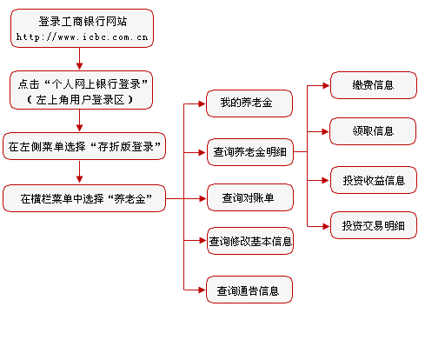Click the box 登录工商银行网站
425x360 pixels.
(82, 28)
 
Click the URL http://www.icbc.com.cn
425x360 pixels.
(82, 37)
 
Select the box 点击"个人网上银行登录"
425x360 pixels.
(81, 90)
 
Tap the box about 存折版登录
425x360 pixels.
(84, 146)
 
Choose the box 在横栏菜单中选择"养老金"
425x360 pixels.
(84, 198)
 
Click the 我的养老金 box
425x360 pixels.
(249, 103)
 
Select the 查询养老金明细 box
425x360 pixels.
(250, 152)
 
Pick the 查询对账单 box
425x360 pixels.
(250, 197)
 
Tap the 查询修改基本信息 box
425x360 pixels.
(250, 241)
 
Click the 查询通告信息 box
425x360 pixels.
(249, 290)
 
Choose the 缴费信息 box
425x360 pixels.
(374, 85)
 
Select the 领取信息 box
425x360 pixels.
(373, 131)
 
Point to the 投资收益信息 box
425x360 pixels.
(374, 180)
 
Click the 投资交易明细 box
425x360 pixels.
(374, 225)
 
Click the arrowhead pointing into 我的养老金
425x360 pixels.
(203, 103)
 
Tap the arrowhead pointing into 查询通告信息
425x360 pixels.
(203, 290)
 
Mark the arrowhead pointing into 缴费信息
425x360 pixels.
(326, 85)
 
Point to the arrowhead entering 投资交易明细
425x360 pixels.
(326, 226)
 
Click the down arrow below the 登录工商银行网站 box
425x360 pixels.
(80, 59)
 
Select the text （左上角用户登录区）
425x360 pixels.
(80, 100)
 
